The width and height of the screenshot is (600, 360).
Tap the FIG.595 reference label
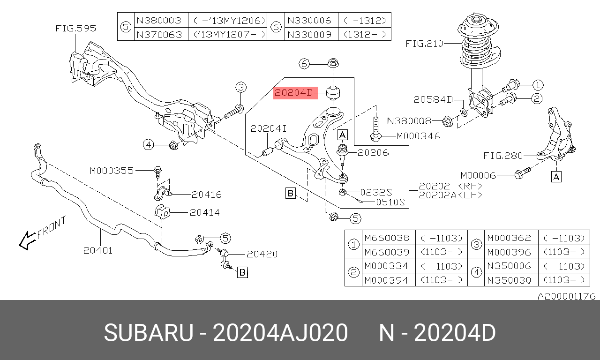click(76, 29)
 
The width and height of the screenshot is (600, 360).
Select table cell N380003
click(159, 20)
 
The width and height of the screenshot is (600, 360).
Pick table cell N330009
click(309, 35)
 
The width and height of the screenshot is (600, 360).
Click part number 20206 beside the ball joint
click(373, 152)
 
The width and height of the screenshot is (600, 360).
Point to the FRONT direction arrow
click(27, 240)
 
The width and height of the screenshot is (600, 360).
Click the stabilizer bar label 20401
click(98, 250)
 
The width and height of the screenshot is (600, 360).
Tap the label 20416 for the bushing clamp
click(207, 195)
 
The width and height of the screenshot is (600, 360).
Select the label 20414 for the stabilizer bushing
click(205, 212)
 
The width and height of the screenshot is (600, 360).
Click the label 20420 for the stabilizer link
click(262, 254)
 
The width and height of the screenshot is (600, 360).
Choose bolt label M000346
click(418, 136)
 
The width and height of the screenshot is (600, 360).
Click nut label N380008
click(409, 121)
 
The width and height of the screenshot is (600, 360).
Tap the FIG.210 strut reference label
click(424, 44)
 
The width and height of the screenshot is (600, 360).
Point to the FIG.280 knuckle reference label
click(503, 156)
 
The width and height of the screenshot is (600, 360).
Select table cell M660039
click(387, 252)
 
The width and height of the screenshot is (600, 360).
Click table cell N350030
click(509, 280)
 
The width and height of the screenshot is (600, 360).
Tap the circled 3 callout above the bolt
click(241, 87)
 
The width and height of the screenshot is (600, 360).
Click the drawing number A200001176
click(567, 296)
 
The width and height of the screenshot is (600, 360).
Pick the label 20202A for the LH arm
click(437, 195)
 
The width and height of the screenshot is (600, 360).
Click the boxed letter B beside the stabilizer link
click(242, 272)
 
